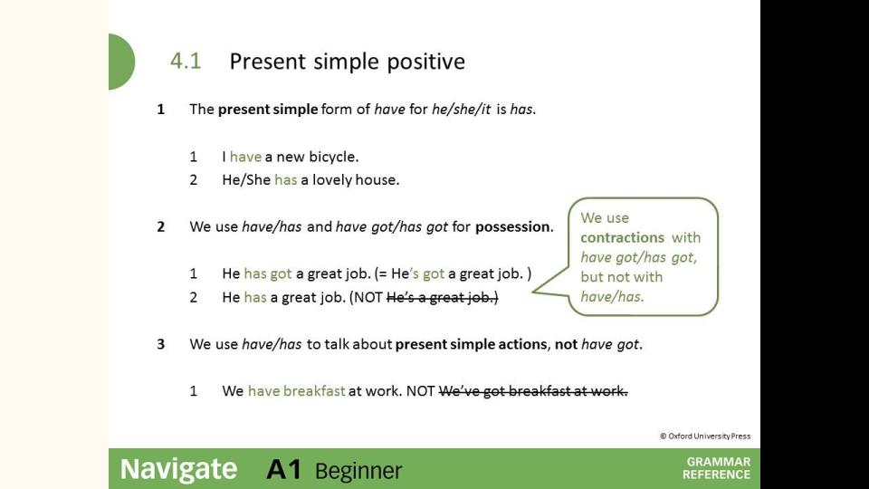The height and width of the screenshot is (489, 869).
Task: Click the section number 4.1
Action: (x=186, y=61)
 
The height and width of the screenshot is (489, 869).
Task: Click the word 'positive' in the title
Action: (x=425, y=62)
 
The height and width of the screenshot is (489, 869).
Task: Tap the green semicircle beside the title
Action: (x=122, y=62)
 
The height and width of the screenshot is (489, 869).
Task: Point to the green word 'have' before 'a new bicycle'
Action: (x=245, y=157)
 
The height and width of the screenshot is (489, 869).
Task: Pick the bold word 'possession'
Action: (x=512, y=226)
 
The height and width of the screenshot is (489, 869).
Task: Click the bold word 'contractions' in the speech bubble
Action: (x=623, y=237)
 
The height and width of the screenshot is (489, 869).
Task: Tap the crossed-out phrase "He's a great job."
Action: (x=443, y=298)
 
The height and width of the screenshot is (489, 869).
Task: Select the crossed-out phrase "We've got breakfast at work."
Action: (x=533, y=391)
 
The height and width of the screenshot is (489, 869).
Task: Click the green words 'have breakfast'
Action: (x=297, y=391)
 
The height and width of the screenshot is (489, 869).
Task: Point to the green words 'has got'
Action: (x=268, y=273)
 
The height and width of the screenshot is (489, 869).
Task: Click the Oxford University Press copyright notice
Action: (x=705, y=436)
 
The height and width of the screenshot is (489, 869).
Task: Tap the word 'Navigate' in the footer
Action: (x=178, y=470)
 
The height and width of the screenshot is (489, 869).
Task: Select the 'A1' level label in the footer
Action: (x=284, y=470)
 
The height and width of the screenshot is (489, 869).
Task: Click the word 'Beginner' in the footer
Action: (x=358, y=471)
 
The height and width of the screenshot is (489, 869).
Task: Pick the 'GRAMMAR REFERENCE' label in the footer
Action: (x=717, y=468)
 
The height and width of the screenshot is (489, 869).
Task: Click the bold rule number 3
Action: (x=161, y=344)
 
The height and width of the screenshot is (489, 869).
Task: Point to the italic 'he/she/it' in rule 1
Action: (x=461, y=110)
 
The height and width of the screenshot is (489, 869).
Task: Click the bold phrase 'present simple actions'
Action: (x=471, y=344)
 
